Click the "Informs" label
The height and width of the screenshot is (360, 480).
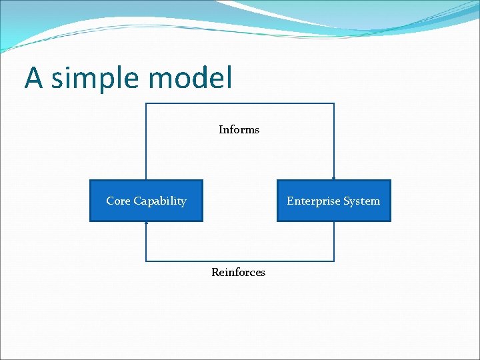coord(239,129)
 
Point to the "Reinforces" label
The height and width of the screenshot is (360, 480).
coord(238,272)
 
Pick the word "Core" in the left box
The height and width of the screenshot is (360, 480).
coord(119,201)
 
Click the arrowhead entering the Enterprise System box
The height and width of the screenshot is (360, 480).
coord(334,178)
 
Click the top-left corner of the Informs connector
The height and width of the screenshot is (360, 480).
coord(146,103)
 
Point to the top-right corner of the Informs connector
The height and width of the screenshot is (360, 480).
coord(334,103)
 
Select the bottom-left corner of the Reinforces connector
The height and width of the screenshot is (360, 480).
coord(146,261)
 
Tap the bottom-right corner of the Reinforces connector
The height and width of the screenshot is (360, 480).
coord(334,261)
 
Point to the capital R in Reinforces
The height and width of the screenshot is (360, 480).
coord(215,272)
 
